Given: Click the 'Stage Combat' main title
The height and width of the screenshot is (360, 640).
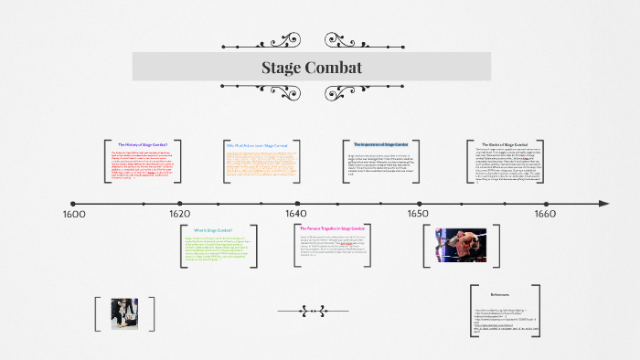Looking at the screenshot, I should click(x=312, y=68).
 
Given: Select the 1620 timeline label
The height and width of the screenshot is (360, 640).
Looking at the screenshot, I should click(x=180, y=214).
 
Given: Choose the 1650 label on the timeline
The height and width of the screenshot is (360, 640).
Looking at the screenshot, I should click(x=417, y=214).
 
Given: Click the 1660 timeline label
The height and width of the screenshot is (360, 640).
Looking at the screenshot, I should click(x=544, y=214).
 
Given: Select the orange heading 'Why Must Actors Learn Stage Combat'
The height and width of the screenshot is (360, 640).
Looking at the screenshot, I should click(x=256, y=145).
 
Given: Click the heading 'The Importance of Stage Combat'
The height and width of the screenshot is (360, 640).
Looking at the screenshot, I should click(x=381, y=144).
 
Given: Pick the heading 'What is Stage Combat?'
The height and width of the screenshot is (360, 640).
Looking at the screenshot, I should click(x=213, y=229).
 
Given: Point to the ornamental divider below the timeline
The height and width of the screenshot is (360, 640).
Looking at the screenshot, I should click(x=313, y=311).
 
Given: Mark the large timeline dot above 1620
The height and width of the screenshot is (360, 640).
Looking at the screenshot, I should click(x=180, y=203).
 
